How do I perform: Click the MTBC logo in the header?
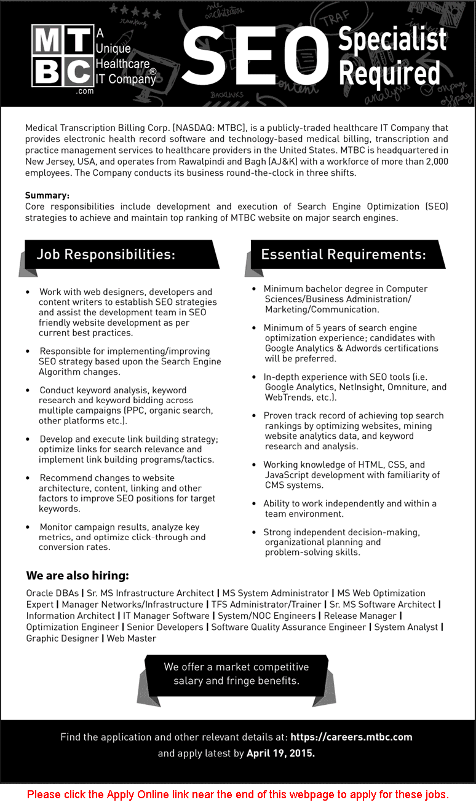click(62, 57)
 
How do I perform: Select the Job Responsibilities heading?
click(106, 254)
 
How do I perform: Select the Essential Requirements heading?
click(343, 254)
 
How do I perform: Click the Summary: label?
click(47, 195)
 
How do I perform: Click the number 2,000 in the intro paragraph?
click(434, 162)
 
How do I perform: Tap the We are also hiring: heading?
click(77, 576)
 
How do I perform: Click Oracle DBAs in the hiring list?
click(52, 593)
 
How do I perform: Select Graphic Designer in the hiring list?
click(62, 638)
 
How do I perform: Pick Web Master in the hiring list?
click(132, 638)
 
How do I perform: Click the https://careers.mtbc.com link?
click(351, 737)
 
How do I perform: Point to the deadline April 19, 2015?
click(280, 753)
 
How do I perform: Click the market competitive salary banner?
click(236, 673)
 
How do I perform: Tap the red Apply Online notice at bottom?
click(237, 794)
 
